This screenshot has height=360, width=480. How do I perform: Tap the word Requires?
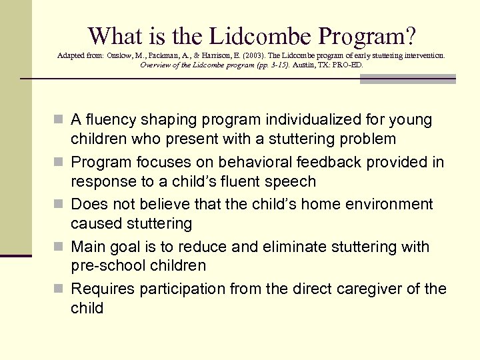102,289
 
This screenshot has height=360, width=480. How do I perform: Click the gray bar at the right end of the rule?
407,79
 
